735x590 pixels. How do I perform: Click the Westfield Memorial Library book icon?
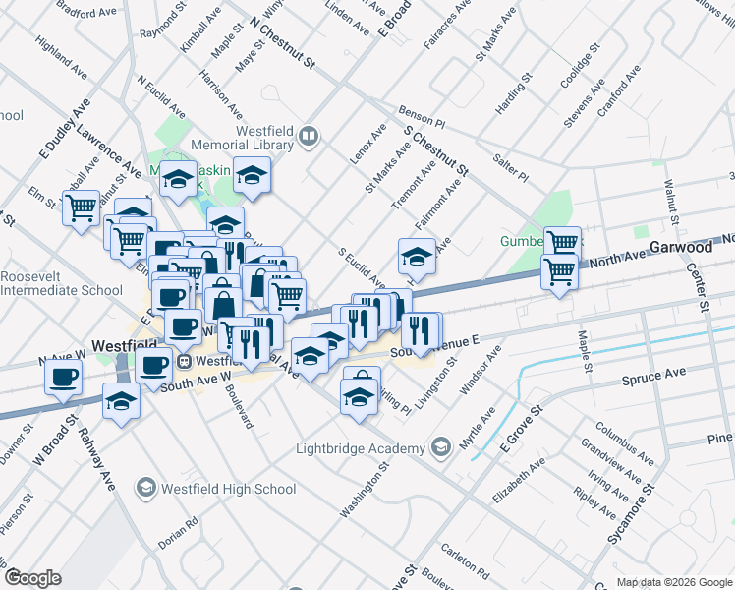tap(309, 135)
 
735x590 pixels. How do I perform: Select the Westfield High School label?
tap(227, 489)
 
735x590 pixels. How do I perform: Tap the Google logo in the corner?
tap(32, 578)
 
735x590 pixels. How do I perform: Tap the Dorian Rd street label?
tap(179, 534)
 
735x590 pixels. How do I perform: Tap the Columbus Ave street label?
tap(622, 442)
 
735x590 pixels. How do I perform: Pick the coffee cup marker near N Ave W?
tap(65, 377)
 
